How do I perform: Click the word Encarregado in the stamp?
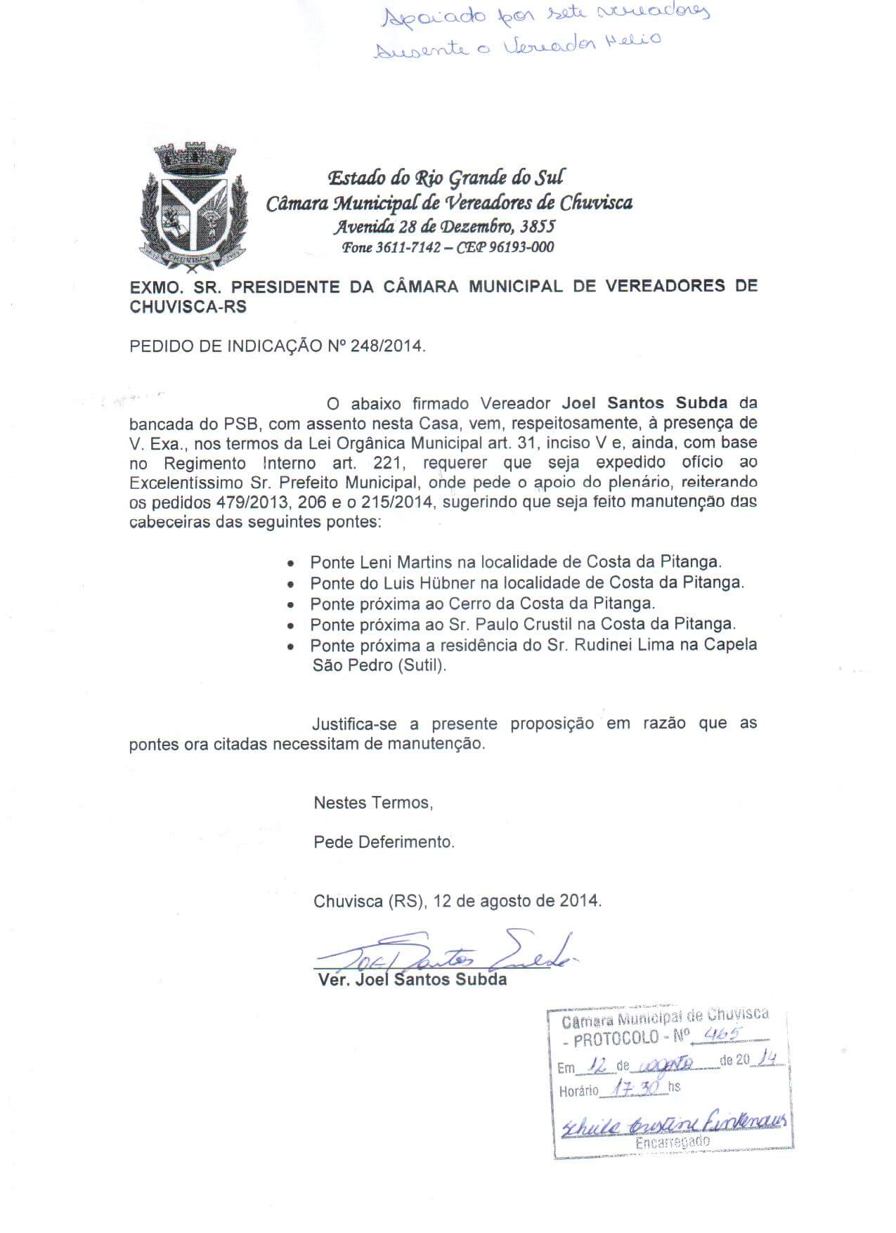pos(672,1142)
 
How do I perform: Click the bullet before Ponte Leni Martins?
pos(290,563)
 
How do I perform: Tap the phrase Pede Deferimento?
pos(384,842)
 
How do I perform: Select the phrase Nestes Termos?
pos(372,802)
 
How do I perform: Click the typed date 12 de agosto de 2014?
pos(517,901)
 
